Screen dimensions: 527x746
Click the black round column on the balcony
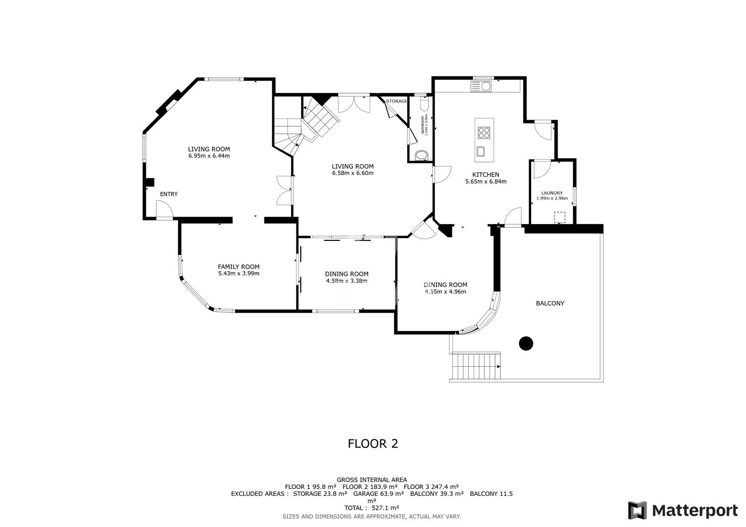point(526,343)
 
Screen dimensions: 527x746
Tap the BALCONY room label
point(550,303)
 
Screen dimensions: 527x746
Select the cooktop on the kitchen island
point(484,133)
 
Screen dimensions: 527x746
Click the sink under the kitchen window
point(481,86)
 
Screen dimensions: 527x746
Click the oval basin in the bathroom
point(421,155)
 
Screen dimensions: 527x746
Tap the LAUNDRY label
point(552,193)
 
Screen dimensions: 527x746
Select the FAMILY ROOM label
point(238,267)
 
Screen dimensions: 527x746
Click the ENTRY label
point(169,194)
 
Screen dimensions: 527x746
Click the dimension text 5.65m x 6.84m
point(485,182)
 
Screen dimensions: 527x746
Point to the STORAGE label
point(396,101)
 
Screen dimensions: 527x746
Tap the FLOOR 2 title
point(373,444)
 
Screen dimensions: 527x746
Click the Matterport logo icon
point(637,510)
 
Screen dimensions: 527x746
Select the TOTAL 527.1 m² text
point(372,508)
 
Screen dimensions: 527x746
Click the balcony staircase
point(476,367)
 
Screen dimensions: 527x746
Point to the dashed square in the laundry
point(559,218)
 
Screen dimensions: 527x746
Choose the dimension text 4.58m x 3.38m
point(346,281)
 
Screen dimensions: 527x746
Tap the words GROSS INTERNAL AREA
point(372,479)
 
